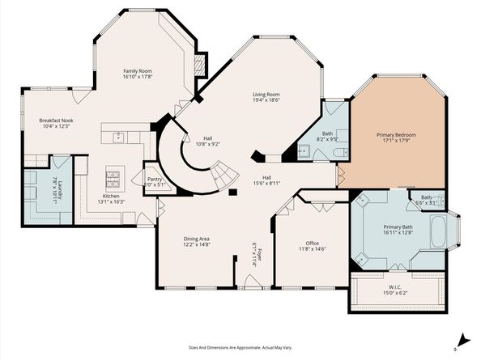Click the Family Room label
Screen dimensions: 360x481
pyautogui.click(x=137, y=71)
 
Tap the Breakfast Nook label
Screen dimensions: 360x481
pyautogui.click(x=56, y=120)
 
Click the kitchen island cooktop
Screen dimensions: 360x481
pyautogui.click(x=113, y=176)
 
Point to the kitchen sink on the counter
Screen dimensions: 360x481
pyautogui.click(x=118, y=137)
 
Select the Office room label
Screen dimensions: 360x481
pyautogui.click(x=312, y=243)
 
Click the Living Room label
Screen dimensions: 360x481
pyautogui.click(x=266, y=95)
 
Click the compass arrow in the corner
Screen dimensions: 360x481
pyautogui.click(x=462, y=341)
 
